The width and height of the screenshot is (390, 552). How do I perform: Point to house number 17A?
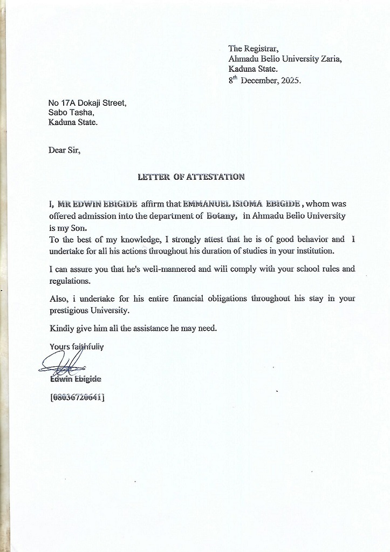pyautogui.click(x=68, y=103)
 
